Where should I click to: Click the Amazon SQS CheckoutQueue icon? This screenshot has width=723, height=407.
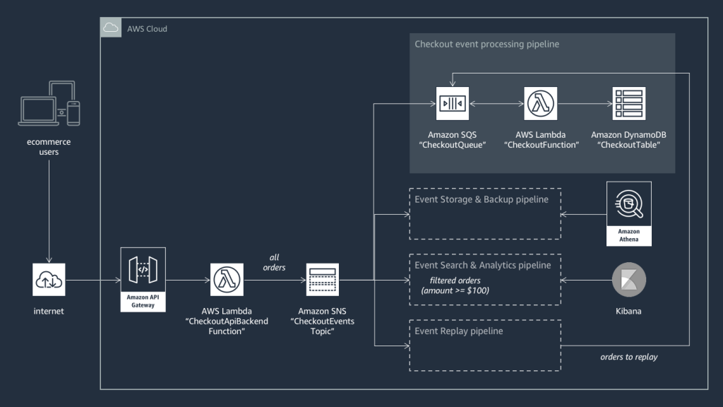point(452,104)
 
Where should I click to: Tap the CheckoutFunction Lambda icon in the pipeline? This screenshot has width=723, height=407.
point(541,104)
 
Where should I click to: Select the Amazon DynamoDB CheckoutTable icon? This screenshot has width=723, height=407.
point(629,104)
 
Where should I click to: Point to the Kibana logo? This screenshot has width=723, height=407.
point(628,281)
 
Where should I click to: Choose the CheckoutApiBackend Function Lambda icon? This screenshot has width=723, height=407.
point(227,281)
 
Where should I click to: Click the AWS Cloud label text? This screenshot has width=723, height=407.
point(147,29)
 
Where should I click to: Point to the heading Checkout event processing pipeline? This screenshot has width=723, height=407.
point(486,45)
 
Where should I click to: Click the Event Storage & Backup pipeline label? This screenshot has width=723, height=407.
point(482,199)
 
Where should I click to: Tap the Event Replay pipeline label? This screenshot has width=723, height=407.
point(459,331)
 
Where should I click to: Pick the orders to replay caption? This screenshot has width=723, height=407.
point(628,357)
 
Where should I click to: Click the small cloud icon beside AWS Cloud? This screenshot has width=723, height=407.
point(111,28)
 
